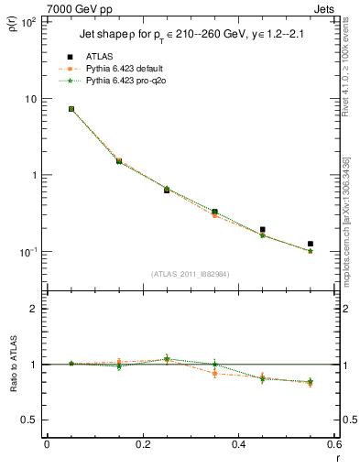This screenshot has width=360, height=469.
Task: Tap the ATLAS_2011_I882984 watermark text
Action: tap(190, 274)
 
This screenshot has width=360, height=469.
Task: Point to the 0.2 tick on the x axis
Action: tap(142, 444)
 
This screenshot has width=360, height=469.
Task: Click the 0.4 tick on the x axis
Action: tap(238, 444)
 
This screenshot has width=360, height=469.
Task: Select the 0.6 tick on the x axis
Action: tap(333, 444)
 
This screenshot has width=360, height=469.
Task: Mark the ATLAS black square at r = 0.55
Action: tap(311, 244)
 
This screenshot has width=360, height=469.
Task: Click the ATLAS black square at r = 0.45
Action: tap(262, 230)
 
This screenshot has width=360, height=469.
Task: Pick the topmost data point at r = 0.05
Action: tap(71, 109)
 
